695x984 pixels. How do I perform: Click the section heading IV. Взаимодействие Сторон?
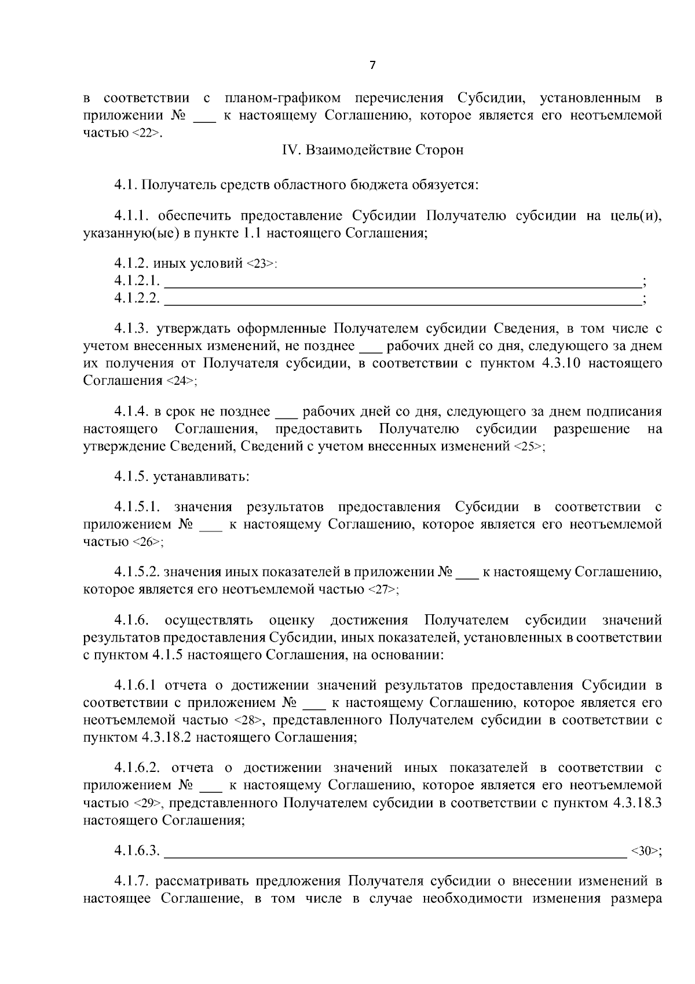click(x=372, y=150)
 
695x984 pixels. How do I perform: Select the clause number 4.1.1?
click(x=133, y=216)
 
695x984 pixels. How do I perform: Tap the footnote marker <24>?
click(x=181, y=381)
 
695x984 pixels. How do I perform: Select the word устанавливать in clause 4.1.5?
click(x=201, y=478)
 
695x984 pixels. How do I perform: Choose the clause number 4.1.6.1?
click(x=136, y=686)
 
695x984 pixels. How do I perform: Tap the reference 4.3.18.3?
click(x=636, y=804)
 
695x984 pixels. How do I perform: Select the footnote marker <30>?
click(x=645, y=851)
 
